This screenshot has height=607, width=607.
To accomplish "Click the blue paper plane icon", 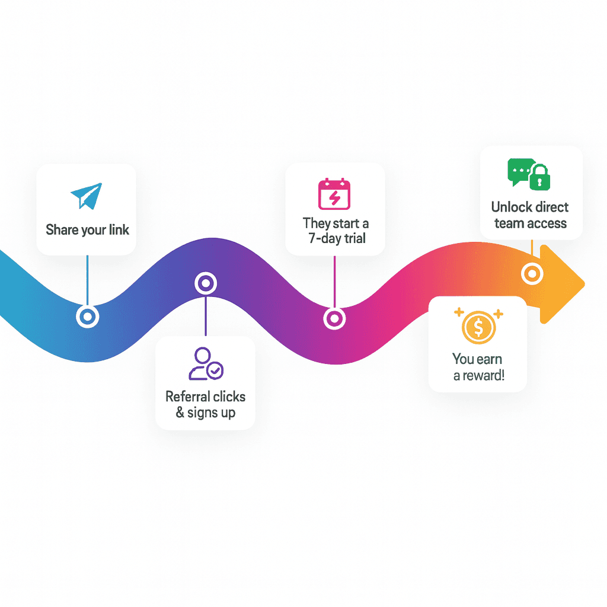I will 87,196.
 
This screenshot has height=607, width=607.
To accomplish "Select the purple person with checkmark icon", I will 205,364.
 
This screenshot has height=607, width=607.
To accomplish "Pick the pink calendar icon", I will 335,194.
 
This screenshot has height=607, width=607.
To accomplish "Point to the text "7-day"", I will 322,238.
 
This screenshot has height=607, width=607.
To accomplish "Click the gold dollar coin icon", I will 477,327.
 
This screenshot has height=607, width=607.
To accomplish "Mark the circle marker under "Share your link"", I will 87,317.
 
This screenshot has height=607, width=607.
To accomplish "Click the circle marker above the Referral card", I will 205,283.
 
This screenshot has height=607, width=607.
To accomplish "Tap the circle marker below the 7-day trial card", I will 334,318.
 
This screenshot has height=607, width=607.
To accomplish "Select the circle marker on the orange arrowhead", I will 532,274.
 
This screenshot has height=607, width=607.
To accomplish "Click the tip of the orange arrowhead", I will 583,284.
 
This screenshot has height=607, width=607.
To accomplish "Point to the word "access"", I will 548,223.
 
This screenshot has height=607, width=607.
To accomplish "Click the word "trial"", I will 354,238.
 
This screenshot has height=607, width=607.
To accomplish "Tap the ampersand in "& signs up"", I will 180,413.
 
